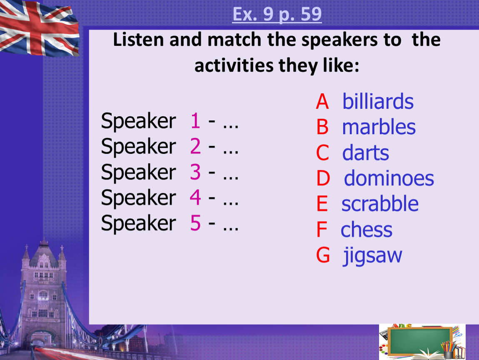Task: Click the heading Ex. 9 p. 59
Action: point(277,14)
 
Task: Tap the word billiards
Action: point(378,101)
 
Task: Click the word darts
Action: point(366,152)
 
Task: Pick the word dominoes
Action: point(389,178)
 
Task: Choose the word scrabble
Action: point(380,203)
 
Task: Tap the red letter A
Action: point(322,102)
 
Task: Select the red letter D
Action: point(323,178)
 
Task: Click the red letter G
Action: point(323,255)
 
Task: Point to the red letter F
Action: point(322,230)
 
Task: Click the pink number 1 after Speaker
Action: point(195,120)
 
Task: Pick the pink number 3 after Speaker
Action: point(195,172)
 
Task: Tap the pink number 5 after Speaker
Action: point(195,222)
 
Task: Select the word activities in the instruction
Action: point(234,65)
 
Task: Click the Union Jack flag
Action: point(39,28)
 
